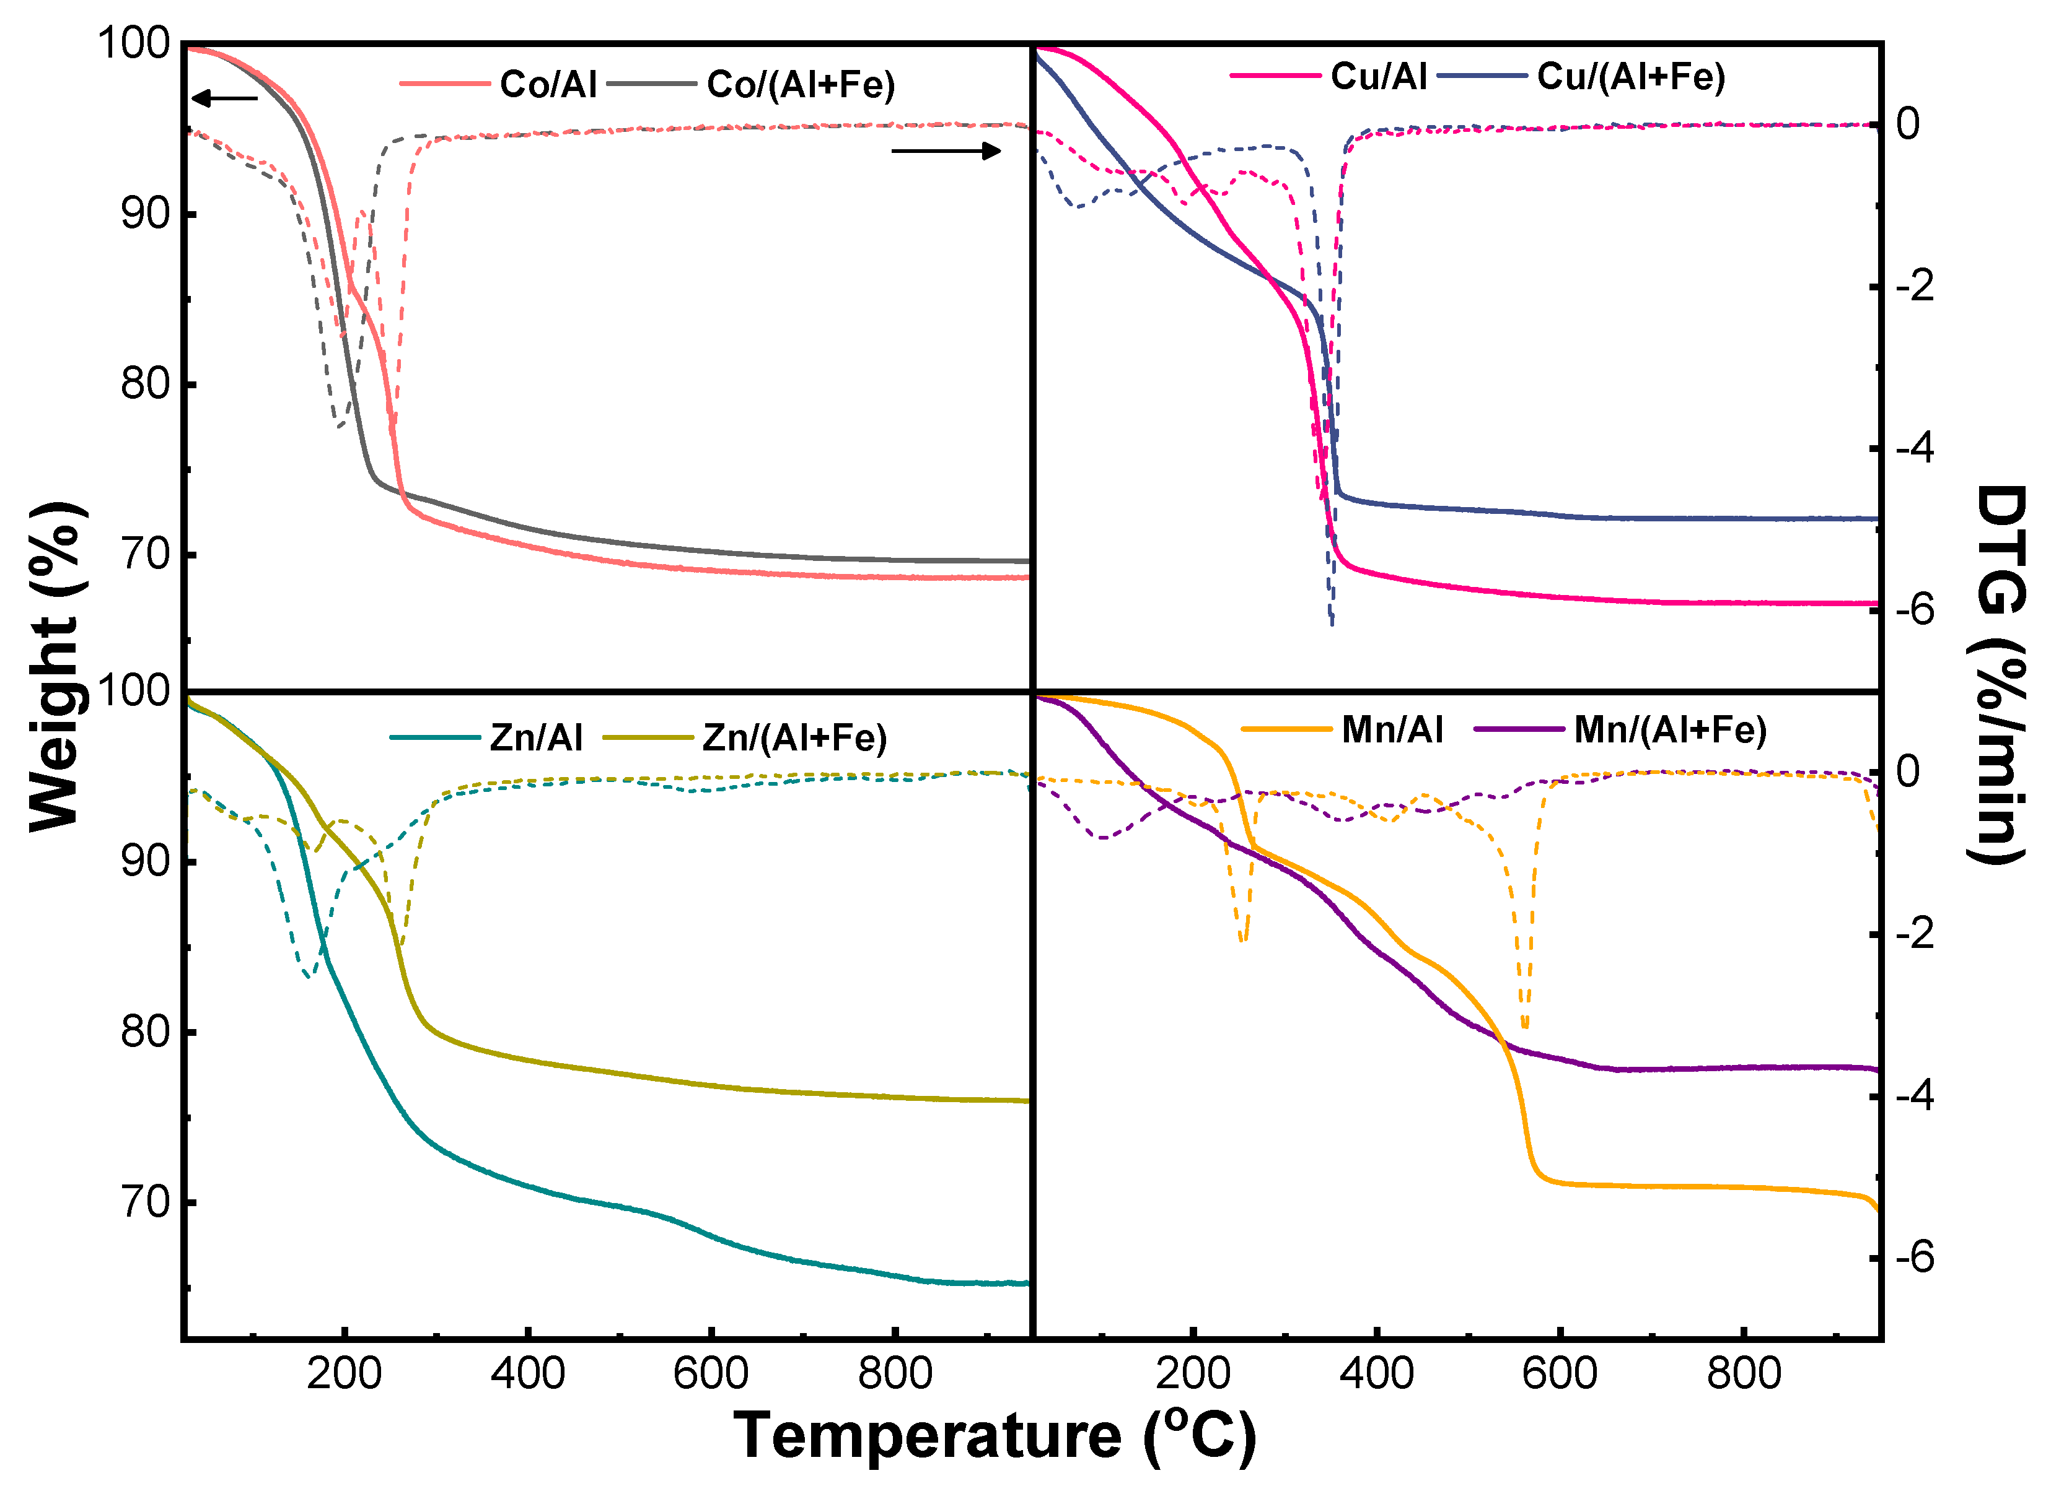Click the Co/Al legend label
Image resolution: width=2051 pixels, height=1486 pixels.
pos(548,84)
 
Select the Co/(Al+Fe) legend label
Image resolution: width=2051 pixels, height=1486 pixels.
pos(801,84)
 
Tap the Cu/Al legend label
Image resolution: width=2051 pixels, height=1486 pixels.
pos(1378,76)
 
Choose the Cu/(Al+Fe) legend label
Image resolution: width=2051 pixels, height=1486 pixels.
pos(1630,76)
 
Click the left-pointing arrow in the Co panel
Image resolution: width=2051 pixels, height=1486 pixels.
pos(225,98)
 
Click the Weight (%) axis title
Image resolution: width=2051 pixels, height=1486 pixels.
pos(56,666)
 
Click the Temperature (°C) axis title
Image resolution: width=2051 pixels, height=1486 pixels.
pos(994,1435)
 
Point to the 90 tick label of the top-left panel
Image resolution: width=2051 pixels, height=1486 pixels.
pos(146,214)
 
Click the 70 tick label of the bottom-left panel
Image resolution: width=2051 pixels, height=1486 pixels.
pos(146,1203)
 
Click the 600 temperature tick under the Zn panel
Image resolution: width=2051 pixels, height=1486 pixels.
pos(711,1374)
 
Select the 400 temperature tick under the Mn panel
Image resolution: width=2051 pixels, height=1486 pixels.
pos(1376,1374)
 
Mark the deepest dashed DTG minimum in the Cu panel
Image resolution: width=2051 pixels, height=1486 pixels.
pos(1331,622)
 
